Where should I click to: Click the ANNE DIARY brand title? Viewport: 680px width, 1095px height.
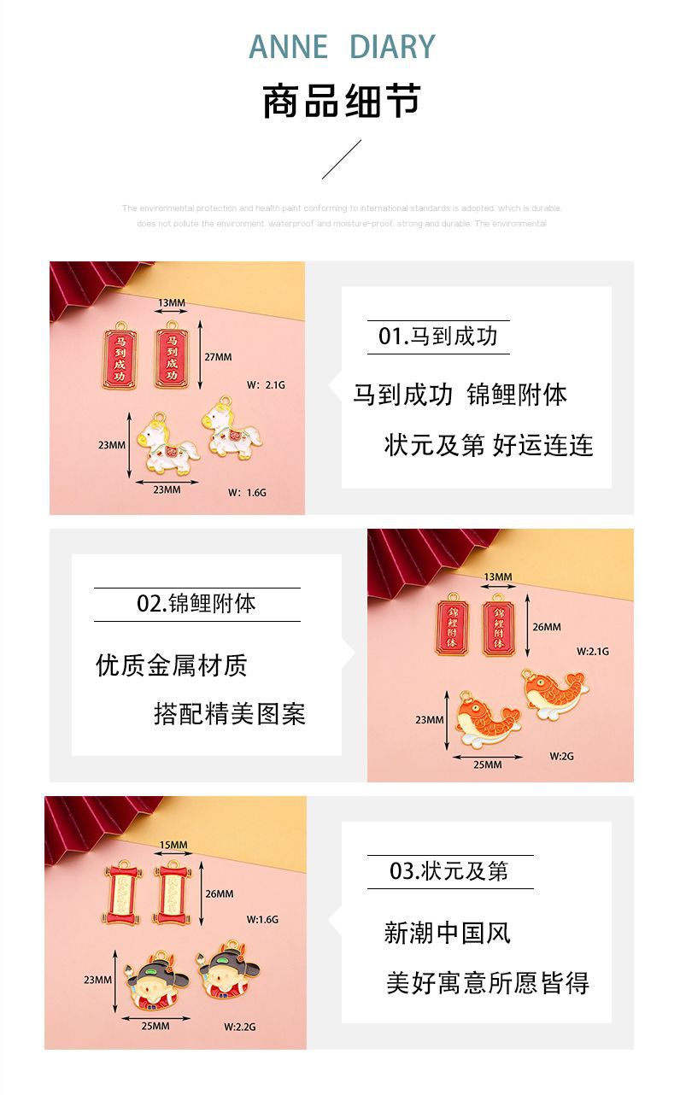pyautogui.click(x=342, y=46)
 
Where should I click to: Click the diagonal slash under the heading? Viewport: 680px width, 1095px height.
pyautogui.click(x=342, y=160)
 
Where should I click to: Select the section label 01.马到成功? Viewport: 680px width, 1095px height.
pyautogui.click(x=438, y=336)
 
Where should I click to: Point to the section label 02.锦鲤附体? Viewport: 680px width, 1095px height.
pyautogui.click(x=196, y=604)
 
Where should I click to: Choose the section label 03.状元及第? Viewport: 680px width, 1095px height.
pyautogui.click(x=449, y=871)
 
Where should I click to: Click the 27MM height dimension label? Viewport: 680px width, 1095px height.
pyautogui.click(x=218, y=357)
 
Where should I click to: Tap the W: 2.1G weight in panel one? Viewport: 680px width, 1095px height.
pyautogui.click(x=266, y=385)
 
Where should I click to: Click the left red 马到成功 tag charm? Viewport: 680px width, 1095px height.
pyautogui.click(x=120, y=358)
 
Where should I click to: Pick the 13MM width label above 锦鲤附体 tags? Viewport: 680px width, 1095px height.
pyautogui.click(x=498, y=577)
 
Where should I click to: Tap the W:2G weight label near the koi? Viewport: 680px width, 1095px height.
pyautogui.click(x=561, y=756)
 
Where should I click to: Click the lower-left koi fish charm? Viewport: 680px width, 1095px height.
pyautogui.click(x=484, y=717)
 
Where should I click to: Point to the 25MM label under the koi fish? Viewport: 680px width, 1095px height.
pyautogui.click(x=487, y=764)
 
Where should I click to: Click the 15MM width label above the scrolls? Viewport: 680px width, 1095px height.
pyautogui.click(x=173, y=846)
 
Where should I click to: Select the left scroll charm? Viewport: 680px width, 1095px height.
pyautogui.click(x=125, y=893)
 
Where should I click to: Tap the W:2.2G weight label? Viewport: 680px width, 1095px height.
pyautogui.click(x=240, y=1027)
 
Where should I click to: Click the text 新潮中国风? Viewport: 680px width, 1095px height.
pyautogui.click(x=447, y=933)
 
